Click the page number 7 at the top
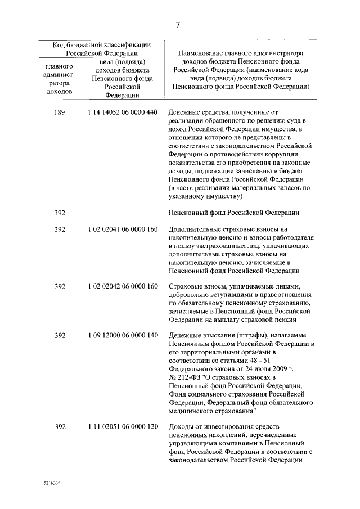tap(178, 25)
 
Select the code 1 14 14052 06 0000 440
tap(122, 112)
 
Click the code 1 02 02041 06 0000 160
tap(122, 229)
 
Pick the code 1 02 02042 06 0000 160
tap(122, 286)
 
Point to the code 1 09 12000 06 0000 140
tap(122, 336)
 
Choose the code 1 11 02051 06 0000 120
tap(122, 427)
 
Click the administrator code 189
tap(60, 112)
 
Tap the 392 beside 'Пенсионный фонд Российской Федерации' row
tap(60, 213)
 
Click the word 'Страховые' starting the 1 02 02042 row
tap(184, 286)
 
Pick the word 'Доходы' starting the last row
tap(180, 427)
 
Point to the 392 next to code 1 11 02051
tap(60, 427)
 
